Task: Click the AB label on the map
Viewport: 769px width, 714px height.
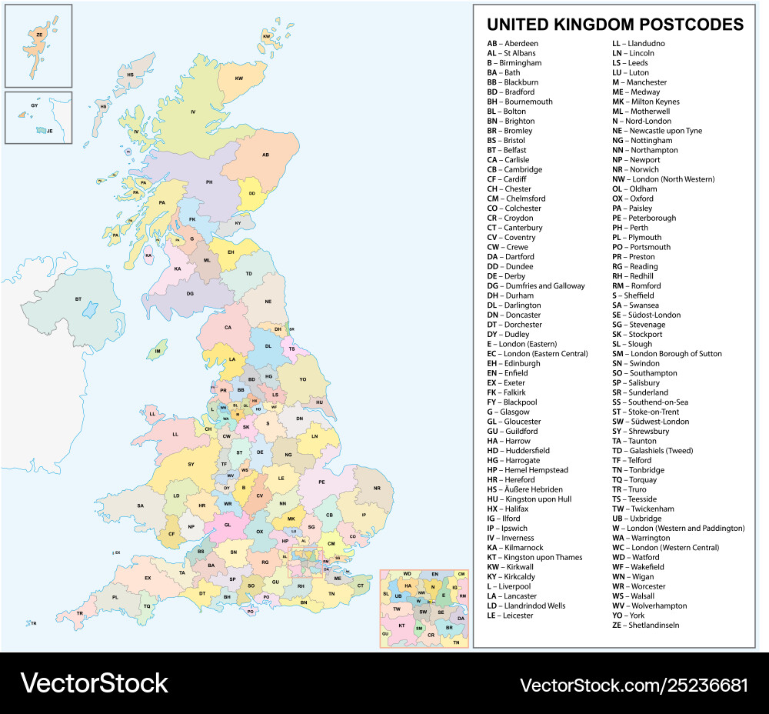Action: click(x=266, y=155)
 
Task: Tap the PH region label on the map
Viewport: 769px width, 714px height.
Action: click(x=208, y=182)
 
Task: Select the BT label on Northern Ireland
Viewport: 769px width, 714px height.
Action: click(x=78, y=299)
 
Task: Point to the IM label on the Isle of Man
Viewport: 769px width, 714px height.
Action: click(x=158, y=352)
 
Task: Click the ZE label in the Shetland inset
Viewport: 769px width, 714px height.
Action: click(x=39, y=34)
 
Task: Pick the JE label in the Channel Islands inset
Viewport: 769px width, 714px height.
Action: click(x=49, y=131)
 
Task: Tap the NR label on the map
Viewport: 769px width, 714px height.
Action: click(x=377, y=489)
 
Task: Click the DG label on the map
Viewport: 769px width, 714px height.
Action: click(x=189, y=293)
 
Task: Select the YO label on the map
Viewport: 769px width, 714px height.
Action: click(x=302, y=379)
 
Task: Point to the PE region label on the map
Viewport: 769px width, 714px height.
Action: click(x=322, y=482)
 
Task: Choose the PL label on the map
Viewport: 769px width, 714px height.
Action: click(x=115, y=597)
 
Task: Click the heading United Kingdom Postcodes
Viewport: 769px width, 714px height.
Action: click(x=615, y=24)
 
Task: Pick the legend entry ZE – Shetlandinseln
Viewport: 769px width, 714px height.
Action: click(x=645, y=626)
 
